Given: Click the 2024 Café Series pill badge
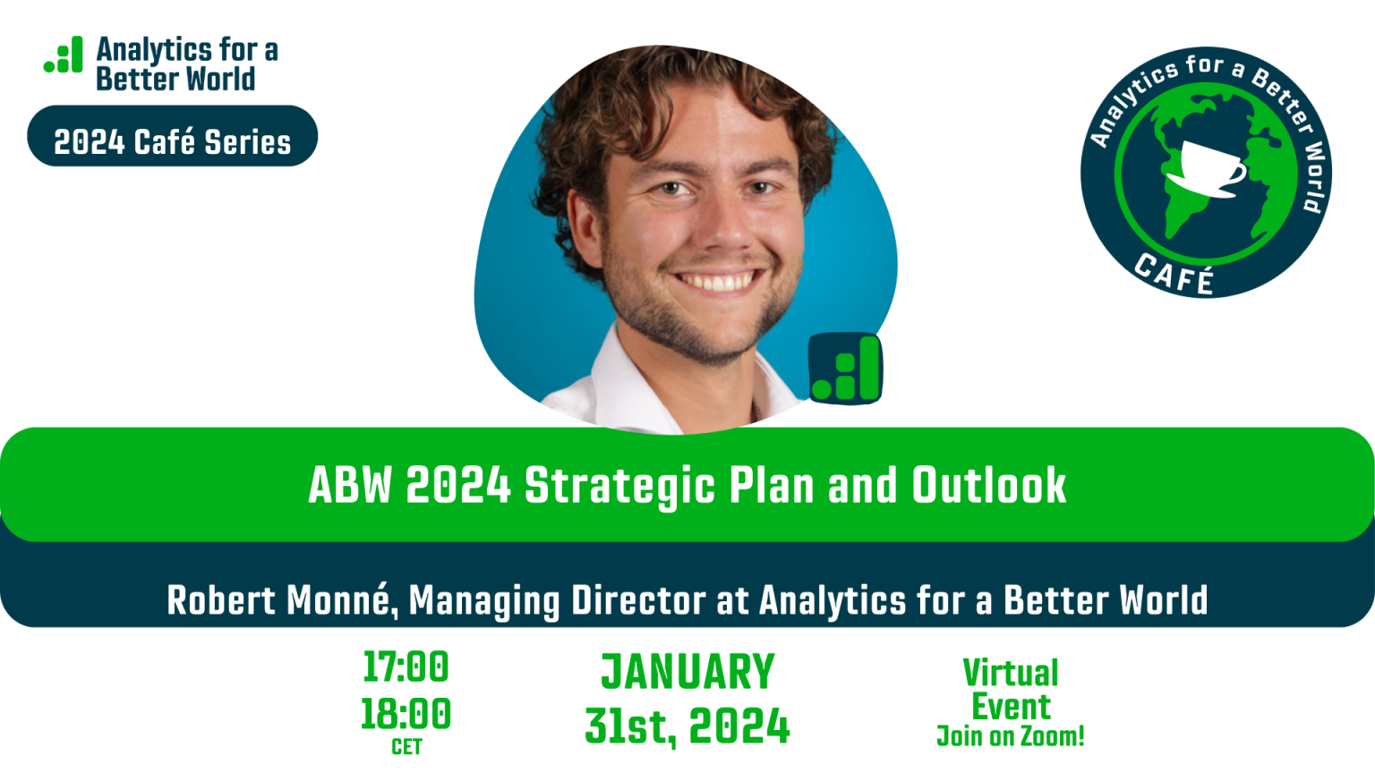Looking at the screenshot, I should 172,136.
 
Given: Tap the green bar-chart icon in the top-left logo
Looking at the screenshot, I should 64,55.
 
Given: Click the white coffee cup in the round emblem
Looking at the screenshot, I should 1211,166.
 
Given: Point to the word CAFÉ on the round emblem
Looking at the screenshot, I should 1174,274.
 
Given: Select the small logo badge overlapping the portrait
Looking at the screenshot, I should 845,369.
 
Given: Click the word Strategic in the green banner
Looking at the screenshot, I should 619,486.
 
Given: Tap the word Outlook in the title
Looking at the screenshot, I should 988,486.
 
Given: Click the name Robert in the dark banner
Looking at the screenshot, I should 221,600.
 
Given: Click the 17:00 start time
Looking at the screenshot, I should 406,667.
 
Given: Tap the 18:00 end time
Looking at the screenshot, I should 406,714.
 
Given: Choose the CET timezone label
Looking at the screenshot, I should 406,747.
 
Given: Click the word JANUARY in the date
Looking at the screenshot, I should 687,673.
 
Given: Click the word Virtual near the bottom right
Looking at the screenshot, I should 1011,673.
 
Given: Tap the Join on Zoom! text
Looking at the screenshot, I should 1011,737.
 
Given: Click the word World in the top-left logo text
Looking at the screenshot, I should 220,80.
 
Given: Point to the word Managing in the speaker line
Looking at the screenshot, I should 484,600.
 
